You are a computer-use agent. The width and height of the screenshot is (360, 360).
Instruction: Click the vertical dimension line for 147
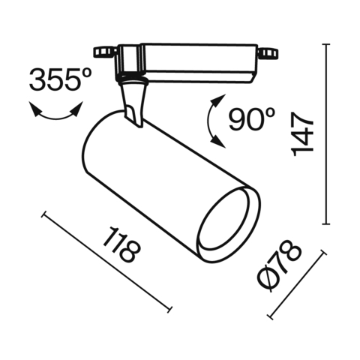pos(325,135)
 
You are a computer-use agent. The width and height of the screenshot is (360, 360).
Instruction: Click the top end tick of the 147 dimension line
pos(325,44)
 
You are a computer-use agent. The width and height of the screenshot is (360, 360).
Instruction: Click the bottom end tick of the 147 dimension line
pos(325,223)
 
